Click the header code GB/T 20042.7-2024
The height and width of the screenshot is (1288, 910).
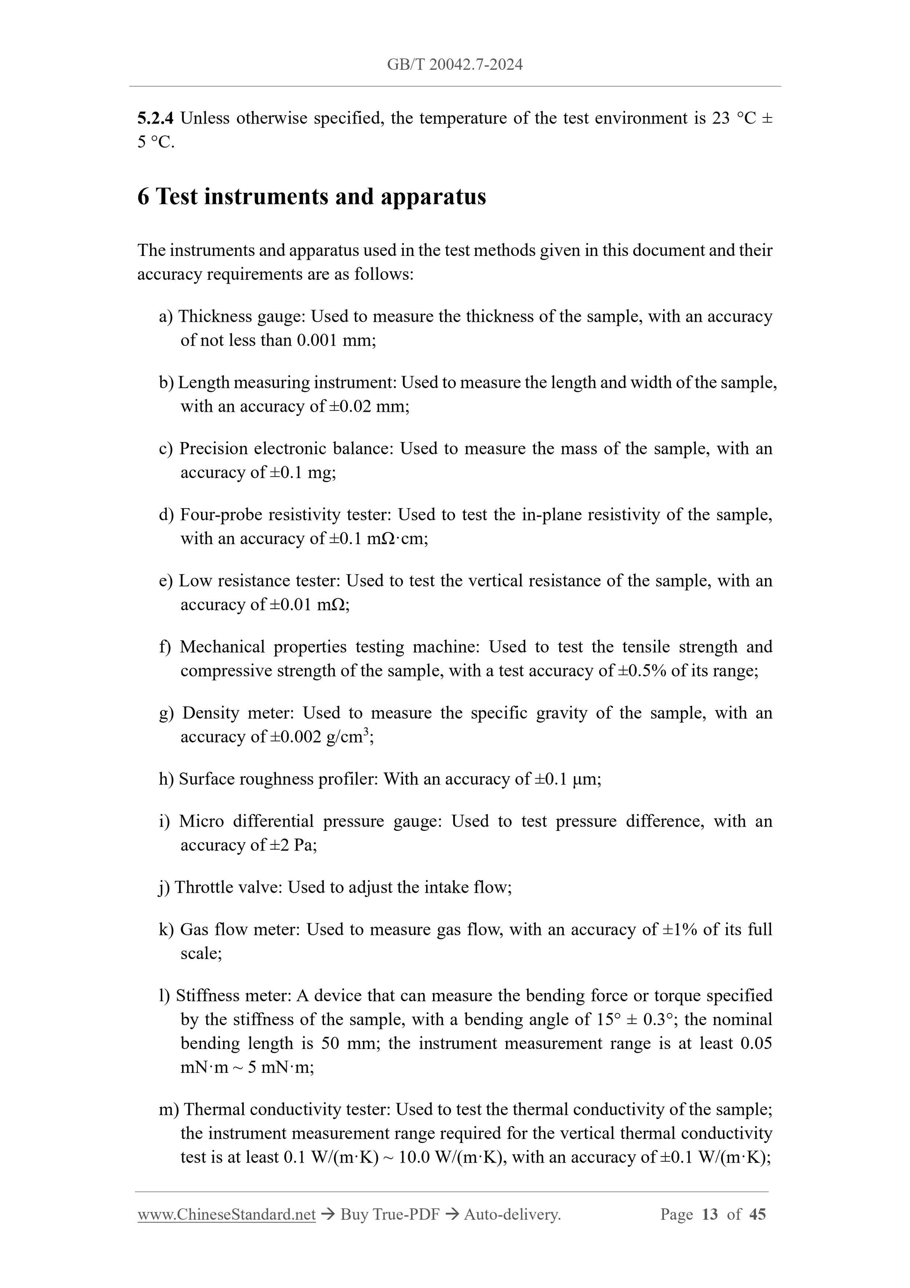(x=455, y=65)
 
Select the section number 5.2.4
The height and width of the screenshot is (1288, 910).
(x=155, y=118)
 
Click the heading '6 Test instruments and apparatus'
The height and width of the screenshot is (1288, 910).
(x=312, y=196)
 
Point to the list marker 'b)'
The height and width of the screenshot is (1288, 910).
(x=166, y=383)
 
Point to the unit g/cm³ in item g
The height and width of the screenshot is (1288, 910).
(x=347, y=736)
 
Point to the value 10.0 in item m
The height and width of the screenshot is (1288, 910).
(x=414, y=1157)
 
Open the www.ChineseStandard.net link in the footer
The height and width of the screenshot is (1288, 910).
(x=226, y=1215)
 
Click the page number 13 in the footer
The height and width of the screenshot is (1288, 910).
(x=709, y=1215)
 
